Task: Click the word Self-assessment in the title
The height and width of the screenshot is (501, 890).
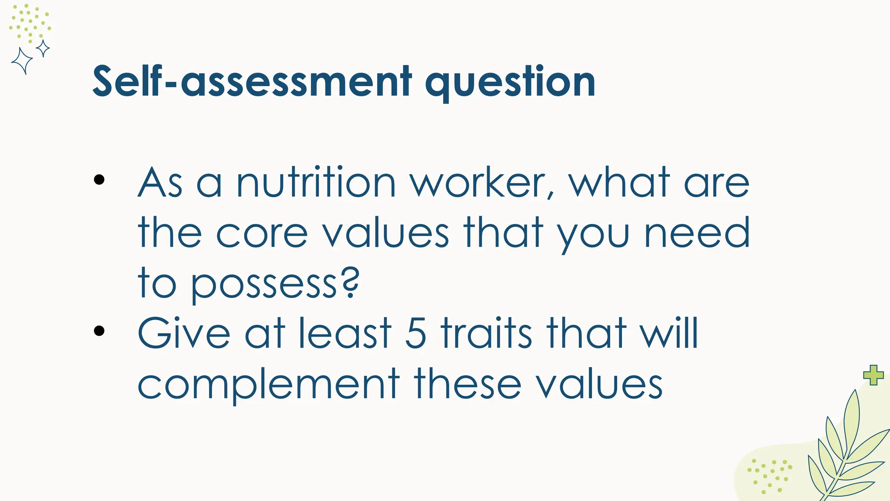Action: click(252, 82)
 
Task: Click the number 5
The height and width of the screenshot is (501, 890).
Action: click(415, 334)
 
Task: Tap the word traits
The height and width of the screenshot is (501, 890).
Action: click(486, 334)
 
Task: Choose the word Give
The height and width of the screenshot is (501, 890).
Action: click(184, 334)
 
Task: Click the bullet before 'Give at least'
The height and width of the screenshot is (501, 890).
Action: click(99, 331)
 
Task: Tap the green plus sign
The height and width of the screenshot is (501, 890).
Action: click(873, 375)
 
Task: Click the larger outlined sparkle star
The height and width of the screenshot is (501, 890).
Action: click(22, 61)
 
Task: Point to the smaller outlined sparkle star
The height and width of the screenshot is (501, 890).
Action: click(43, 48)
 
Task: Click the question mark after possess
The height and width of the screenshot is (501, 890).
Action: click(349, 282)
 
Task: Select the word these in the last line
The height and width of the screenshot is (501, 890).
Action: click(468, 384)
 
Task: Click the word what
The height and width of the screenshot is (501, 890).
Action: click(619, 183)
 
